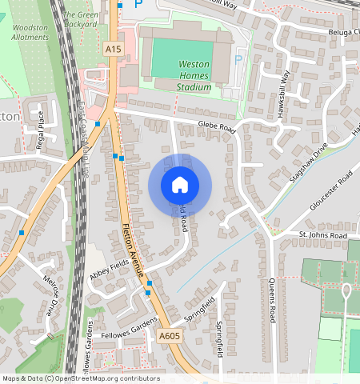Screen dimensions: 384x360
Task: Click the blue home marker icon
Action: click(x=180, y=186)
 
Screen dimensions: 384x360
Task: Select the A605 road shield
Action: click(x=169, y=336)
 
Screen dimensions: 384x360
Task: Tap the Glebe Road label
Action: click(x=217, y=127)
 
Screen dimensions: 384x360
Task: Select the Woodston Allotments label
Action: click(x=30, y=32)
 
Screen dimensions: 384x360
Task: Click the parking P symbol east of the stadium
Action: click(x=236, y=60)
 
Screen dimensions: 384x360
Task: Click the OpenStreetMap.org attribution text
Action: click(x=106, y=378)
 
